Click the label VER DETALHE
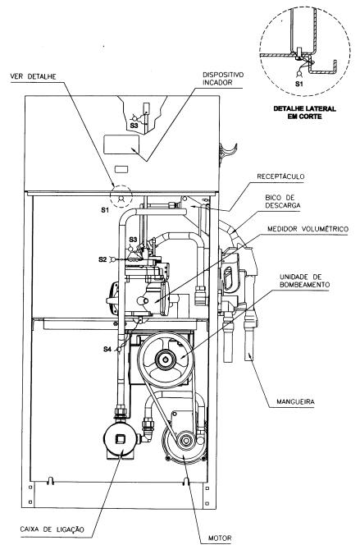33,76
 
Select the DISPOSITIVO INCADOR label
223,79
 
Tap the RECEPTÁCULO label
280,176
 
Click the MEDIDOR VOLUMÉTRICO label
308,229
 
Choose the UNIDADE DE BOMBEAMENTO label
304,281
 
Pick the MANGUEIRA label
295,401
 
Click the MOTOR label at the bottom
220,538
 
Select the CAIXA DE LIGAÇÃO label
52,529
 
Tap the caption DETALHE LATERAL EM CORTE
304,112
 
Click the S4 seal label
107,349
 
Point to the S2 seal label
102,259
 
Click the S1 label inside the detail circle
299,84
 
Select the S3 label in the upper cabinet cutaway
134,125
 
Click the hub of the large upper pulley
165,359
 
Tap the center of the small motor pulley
185,441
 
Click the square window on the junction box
121,439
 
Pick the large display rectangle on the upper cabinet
121,144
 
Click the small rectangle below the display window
121,169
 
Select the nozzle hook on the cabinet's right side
226,153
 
